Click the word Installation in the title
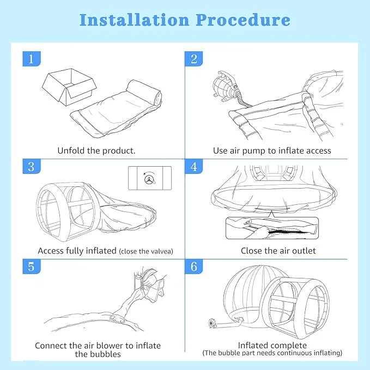tap(134, 20)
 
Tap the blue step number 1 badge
tap(32, 59)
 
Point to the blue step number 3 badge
tap(32, 166)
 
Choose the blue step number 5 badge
tap(32, 268)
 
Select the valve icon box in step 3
tap(149, 178)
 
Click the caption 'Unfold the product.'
tap(96, 150)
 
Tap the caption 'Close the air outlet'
tap(278, 251)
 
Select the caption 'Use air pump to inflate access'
tap(272, 150)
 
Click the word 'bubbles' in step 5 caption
tap(98, 354)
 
